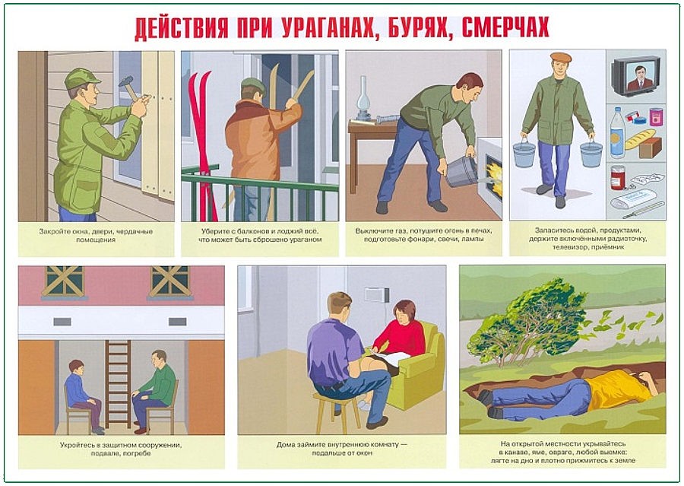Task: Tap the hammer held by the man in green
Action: [128, 87]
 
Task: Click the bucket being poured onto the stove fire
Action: [462, 172]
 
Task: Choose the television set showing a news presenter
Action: [635, 75]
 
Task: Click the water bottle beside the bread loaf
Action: [617, 132]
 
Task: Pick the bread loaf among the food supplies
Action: [640, 139]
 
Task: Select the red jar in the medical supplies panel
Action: [617, 177]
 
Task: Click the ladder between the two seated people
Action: [118, 384]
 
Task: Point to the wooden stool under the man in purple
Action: [338, 411]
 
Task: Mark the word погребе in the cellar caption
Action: [137, 453]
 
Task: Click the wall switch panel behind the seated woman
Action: [377, 295]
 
